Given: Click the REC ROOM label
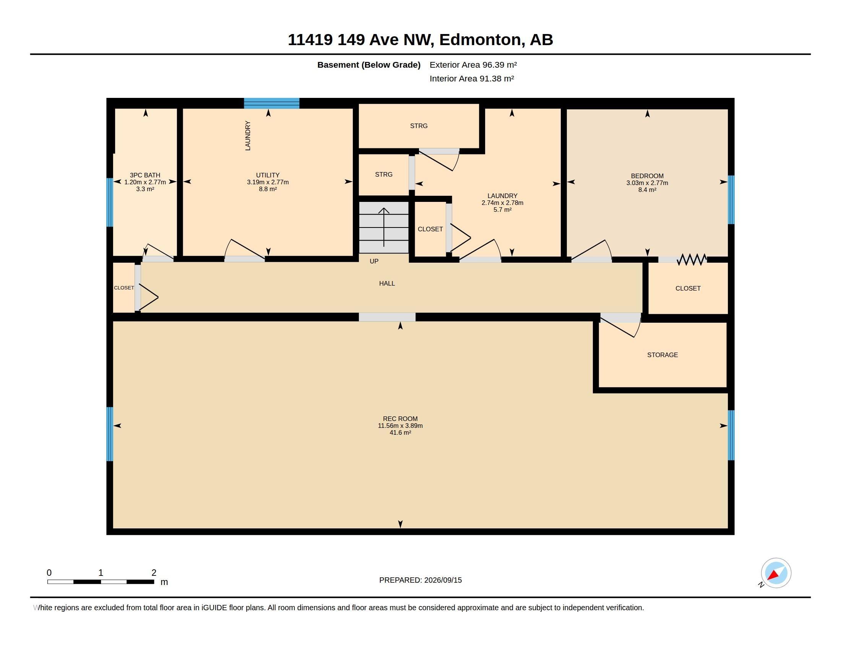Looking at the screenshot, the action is (400, 419).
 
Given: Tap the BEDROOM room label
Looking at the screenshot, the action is (647, 176).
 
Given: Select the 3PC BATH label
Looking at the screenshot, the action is (145, 175).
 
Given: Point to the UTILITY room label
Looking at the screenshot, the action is (268, 175).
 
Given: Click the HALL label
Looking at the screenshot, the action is (387, 283).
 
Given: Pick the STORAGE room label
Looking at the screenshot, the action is (662, 355).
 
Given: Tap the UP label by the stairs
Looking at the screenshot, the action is (374, 261).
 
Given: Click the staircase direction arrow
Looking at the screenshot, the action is (383, 227).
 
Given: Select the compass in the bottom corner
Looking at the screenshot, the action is (776, 573).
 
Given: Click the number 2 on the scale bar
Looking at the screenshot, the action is (154, 573).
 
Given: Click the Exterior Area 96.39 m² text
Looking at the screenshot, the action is (473, 65).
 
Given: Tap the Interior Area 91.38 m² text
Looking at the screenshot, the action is (472, 78).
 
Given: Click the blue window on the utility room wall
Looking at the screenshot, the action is (271, 103).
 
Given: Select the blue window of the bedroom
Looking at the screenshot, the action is (731, 200).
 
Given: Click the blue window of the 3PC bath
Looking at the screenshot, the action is (110, 202).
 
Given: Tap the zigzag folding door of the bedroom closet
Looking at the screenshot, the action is (692, 260).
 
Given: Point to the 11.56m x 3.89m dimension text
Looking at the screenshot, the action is (400, 426).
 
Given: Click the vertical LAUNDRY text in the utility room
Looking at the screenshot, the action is (248, 136).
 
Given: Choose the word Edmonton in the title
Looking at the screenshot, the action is (480, 40).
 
